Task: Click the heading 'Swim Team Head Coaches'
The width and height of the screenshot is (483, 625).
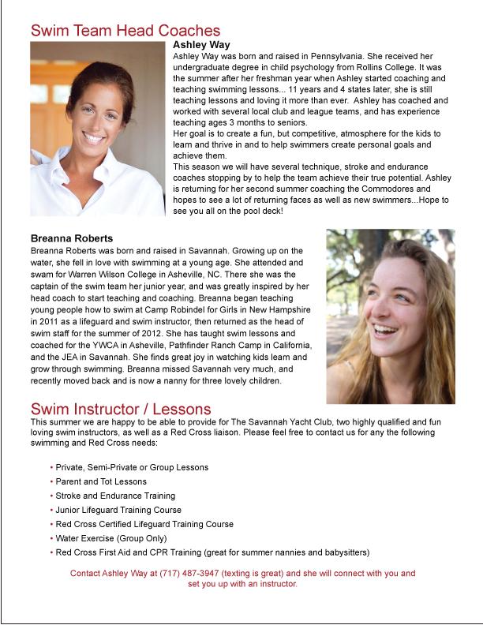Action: point(125,30)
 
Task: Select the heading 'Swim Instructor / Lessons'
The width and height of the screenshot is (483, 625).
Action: point(120,409)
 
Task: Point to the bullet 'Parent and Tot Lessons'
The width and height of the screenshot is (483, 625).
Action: point(101,481)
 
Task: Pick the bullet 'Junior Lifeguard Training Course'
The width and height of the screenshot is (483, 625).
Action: point(118,510)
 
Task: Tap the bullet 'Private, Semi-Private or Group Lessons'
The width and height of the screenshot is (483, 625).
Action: point(132,467)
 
